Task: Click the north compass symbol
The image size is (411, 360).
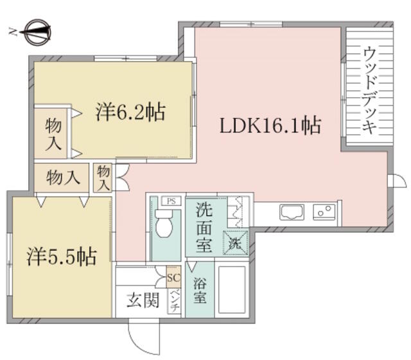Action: coord(39,32)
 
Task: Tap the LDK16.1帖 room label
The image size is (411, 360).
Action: coord(270,125)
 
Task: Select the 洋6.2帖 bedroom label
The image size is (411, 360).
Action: coord(130,113)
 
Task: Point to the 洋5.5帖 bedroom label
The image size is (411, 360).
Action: coord(62,256)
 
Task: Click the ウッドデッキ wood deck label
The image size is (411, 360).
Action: coord(370,90)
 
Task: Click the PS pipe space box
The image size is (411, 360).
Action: coord(171,201)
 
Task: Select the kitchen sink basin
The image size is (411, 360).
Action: coord(292,212)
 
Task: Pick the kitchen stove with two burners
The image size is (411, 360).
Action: coord(324,212)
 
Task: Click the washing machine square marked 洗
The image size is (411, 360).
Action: coord(235,243)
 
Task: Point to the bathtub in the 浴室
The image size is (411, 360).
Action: coord(232,290)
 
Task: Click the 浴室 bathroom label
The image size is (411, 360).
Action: coord(200,291)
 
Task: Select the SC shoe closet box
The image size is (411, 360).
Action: coord(174,277)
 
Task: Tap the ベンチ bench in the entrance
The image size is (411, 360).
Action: coord(174,301)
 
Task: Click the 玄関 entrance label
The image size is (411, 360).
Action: coord(143,300)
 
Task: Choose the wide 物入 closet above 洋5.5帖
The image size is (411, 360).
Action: coord(62,177)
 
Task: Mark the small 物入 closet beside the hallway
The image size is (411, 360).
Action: coord(103,177)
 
